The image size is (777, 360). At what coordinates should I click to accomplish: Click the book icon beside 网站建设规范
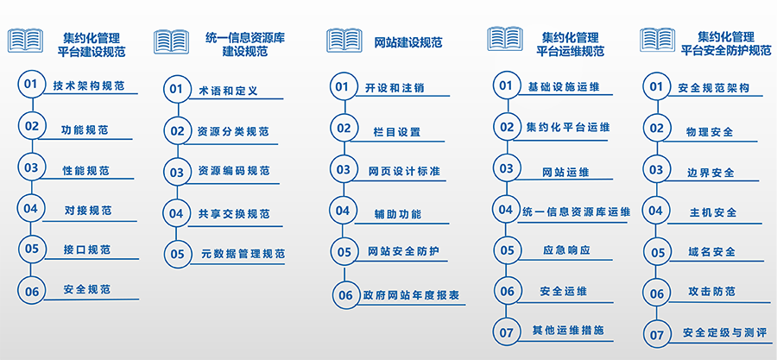[x=344, y=40]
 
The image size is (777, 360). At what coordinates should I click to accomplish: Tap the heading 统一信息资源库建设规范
[x=245, y=43]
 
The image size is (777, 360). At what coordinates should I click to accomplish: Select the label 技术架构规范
[x=88, y=85]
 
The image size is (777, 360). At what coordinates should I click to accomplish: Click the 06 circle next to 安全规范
[x=32, y=292]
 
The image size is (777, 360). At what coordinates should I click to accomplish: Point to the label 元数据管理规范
[x=243, y=254]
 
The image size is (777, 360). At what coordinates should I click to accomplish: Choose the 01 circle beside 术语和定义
[x=177, y=89]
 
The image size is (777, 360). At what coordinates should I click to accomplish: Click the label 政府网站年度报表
[x=411, y=295]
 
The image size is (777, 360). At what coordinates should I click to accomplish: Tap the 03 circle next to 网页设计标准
[x=344, y=169]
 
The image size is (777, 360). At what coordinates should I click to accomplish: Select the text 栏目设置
[x=396, y=132]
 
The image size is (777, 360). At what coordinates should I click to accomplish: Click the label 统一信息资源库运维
[x=577, y=212]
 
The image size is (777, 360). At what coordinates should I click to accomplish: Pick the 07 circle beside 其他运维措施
[x=507, y=332]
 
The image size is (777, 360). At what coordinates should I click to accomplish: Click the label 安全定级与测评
[x=724, y=332]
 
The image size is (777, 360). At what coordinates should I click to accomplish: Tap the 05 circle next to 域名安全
[x=657, y=253]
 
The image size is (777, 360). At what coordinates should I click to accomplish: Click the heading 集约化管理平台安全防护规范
[x=725, y=43]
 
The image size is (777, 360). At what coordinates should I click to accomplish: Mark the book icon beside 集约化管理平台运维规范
[x=504, y=39]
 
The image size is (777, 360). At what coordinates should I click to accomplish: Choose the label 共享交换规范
[x=234, y=214]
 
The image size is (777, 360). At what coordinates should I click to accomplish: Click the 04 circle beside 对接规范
[x=31, y=208]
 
